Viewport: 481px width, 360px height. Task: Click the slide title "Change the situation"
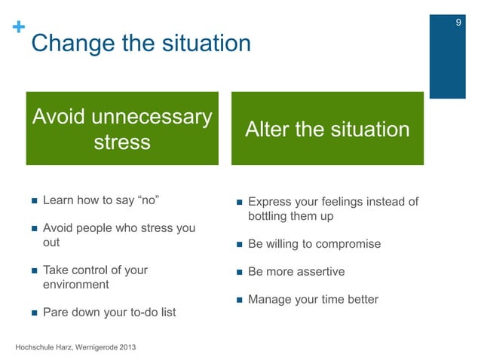coord(140,43)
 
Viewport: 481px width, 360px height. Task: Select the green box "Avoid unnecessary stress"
coord(122,129)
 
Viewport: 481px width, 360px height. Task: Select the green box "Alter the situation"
coord(327,130)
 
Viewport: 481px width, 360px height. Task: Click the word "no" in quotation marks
coord(148,202)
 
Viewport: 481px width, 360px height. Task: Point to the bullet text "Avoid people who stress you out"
coord(118,235)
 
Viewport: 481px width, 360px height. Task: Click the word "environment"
coord(76,285)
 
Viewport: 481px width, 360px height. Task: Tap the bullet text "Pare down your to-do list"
coord(109,312)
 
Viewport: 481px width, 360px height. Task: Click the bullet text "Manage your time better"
coord(313,299)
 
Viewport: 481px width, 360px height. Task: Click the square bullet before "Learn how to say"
coord(34,202)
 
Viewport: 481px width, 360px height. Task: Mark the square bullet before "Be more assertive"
coord(239,272)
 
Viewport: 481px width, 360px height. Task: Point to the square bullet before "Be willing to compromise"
coord(239,245)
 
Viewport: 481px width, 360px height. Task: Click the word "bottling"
coord(270,217)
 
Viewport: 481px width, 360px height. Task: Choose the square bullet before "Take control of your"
coord(34,270)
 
